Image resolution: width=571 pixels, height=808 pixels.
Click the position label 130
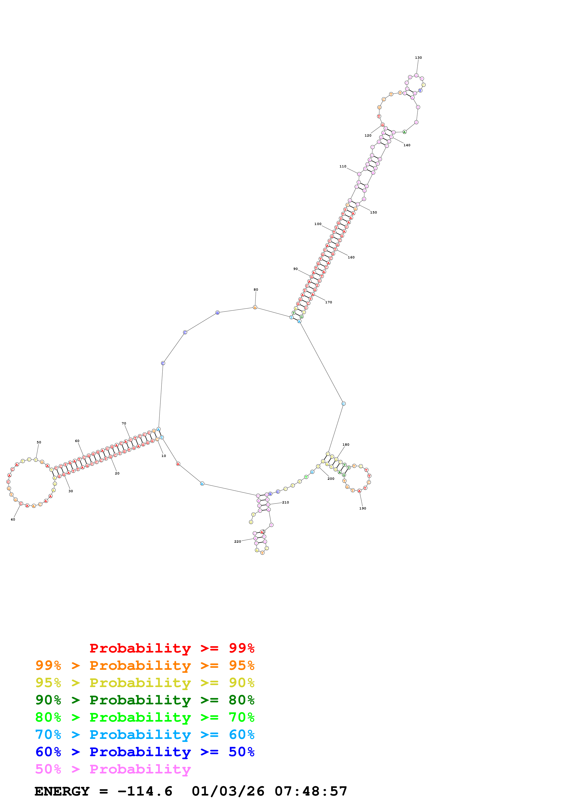[x=418, y=58]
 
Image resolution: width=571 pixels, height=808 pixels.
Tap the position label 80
[x=256, y=290]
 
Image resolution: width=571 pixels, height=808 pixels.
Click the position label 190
[x=362, y=509]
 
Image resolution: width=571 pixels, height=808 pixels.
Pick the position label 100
[x=318, y=224]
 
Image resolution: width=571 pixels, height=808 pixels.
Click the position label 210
[x=285, y=503]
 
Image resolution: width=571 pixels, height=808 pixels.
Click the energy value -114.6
[x=145, y=791]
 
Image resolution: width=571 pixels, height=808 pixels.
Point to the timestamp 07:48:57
[x=311, y=791]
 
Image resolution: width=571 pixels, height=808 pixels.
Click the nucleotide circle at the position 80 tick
[x=255, y=307]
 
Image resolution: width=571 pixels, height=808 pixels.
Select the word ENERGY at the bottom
[x=62, y=791]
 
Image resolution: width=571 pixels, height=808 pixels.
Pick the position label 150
[x=373, y=213]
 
